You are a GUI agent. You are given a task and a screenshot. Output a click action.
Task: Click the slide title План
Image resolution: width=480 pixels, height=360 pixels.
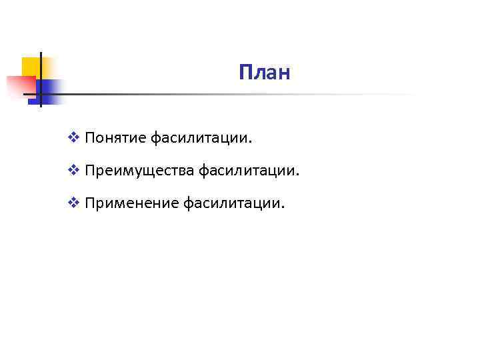[265, 72]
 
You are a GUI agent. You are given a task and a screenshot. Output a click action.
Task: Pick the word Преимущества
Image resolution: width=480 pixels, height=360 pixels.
[139, 171]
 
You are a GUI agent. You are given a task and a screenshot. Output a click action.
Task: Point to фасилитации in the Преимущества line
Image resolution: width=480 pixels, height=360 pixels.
[247, 171]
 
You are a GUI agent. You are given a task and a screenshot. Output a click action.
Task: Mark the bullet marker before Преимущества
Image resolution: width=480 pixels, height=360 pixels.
[74, 171]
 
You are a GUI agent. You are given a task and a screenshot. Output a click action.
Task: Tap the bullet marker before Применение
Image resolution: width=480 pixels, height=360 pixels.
[74, 203]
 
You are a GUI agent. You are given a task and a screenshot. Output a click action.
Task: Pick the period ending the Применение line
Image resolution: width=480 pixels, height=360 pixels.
[283, 206]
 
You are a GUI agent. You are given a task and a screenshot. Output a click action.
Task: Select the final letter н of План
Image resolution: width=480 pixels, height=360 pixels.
[285, 73]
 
